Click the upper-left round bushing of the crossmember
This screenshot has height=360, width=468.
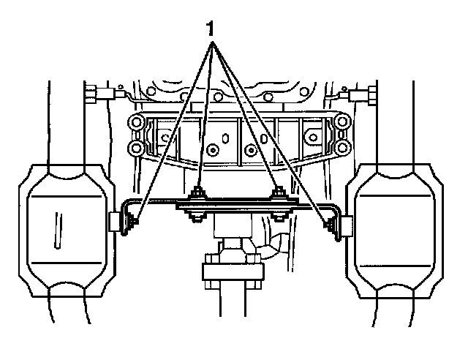tap(134, 122)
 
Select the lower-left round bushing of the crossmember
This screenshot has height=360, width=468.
tap(134, 148)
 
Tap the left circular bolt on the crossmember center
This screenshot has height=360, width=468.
tap(212, 151)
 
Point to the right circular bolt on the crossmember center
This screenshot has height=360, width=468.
tap(252, 151)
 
